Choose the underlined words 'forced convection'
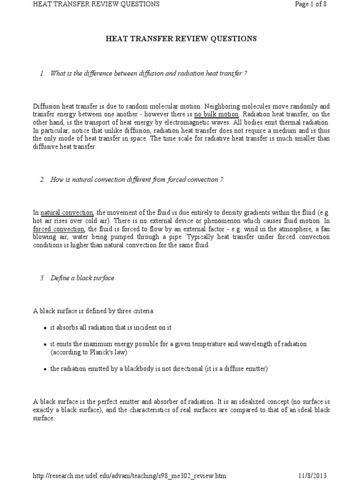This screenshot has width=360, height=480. [59, 229]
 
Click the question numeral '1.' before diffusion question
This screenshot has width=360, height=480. [43, 74]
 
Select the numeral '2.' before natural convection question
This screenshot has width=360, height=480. [43, 180]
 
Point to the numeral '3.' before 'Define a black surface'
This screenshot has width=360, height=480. [43, 278]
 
